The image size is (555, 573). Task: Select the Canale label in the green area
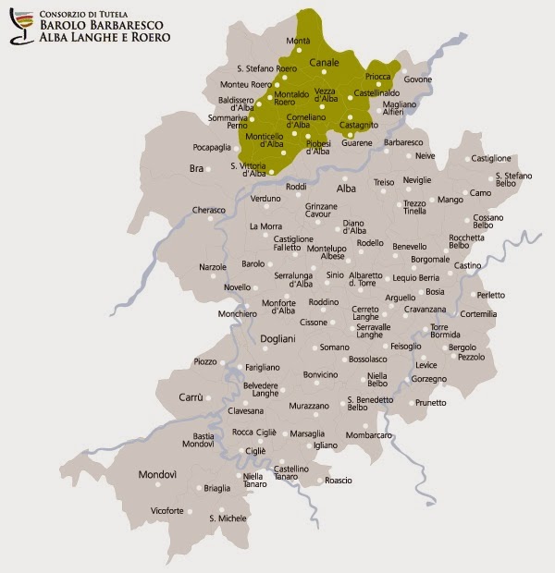tap(324, 62)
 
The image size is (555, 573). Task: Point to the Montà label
tap(299, 42)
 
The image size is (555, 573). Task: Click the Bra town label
tap(195, 168)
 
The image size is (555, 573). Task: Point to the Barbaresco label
tap(403, 142)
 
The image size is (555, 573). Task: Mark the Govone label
tap(417, 79)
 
